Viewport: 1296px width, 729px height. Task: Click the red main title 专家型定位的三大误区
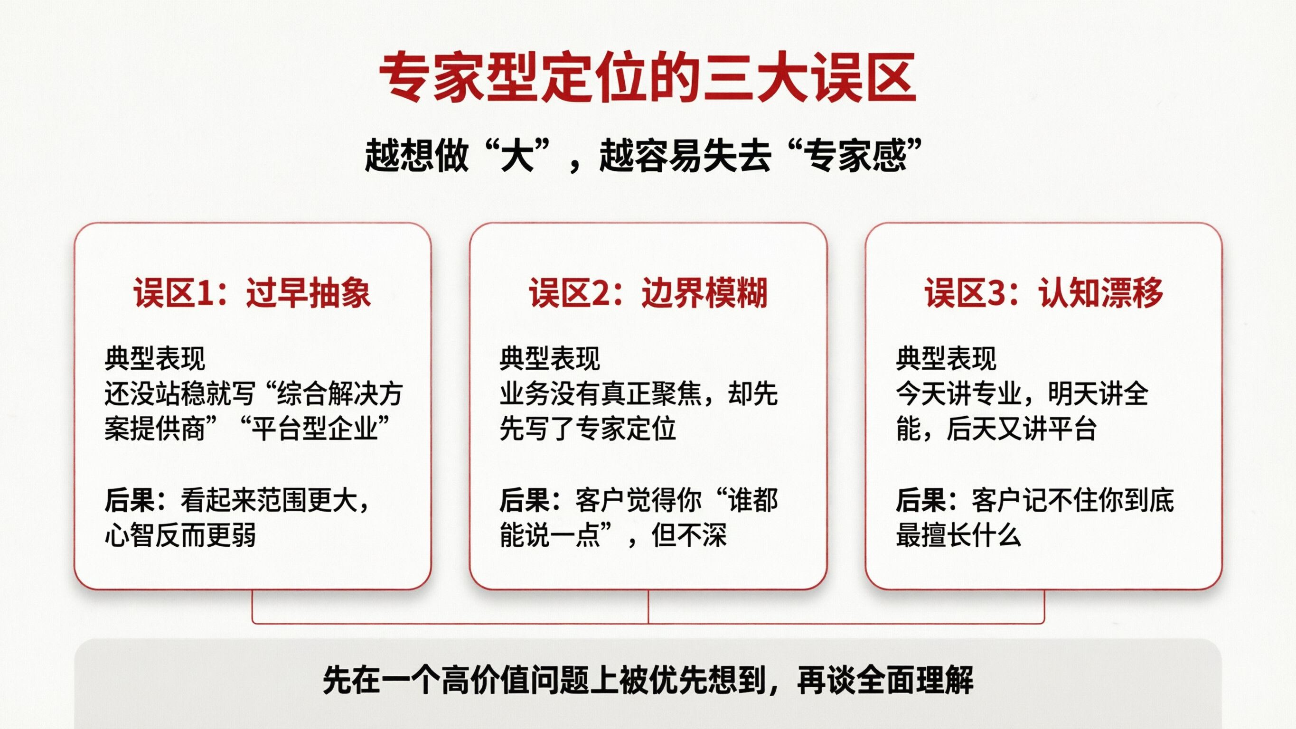click(648, 78)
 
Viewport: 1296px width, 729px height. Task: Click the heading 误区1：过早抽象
click(252, 293)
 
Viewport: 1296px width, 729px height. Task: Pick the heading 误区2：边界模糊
click(648, 293)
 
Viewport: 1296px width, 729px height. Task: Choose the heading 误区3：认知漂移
click(1043, 293)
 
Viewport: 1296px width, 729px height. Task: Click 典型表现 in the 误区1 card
click(155, 358)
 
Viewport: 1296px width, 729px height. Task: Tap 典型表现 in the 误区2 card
click(550, 358)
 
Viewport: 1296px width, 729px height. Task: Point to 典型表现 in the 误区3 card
click(946, 358)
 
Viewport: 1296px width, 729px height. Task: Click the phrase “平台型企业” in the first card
click(315, 429)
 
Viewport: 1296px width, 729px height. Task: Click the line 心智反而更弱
click(180, 535)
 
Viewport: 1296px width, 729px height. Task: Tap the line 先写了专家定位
click(588, 429)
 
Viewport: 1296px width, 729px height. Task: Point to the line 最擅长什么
click(958, 535)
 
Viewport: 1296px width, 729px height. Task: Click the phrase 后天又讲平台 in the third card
click(1021, 429)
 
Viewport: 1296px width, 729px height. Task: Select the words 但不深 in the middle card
click(689, 535)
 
